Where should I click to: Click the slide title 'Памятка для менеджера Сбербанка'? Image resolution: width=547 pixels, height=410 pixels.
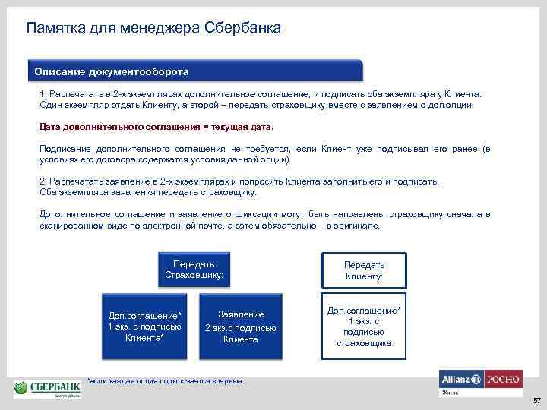click(153, 28)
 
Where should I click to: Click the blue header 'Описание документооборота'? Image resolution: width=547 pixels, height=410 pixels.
click(112, 71)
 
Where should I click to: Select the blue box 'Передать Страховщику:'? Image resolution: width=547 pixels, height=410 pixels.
click(194, 270)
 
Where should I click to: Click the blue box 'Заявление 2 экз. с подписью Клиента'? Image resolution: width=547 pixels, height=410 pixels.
click(241, 326)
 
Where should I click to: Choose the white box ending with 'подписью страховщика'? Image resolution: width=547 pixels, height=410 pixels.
click(364, 326)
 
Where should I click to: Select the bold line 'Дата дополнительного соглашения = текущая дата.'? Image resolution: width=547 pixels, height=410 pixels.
click(156, 127)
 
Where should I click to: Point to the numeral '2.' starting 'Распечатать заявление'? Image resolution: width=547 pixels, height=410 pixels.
click(43, 182)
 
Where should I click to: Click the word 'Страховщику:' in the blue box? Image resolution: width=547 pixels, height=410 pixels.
click(194, 275)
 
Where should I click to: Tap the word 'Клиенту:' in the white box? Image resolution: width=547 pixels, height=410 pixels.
click(364, 276)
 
